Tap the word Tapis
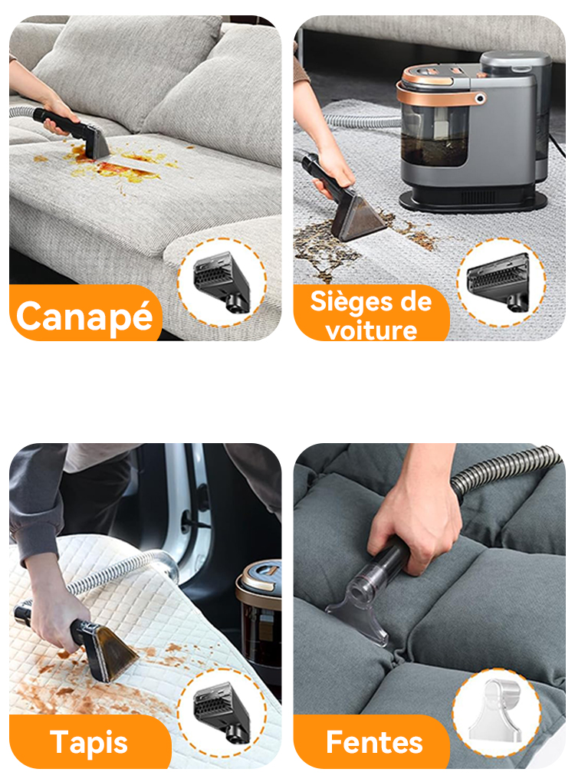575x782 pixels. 89,743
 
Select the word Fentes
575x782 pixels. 374,742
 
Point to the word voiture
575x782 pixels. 371,330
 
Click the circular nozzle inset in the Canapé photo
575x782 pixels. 222,282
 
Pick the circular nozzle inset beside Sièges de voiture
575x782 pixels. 501,282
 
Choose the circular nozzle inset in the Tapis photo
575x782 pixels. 222,713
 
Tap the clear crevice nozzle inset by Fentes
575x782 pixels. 497,713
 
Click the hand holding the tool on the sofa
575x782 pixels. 59,117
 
